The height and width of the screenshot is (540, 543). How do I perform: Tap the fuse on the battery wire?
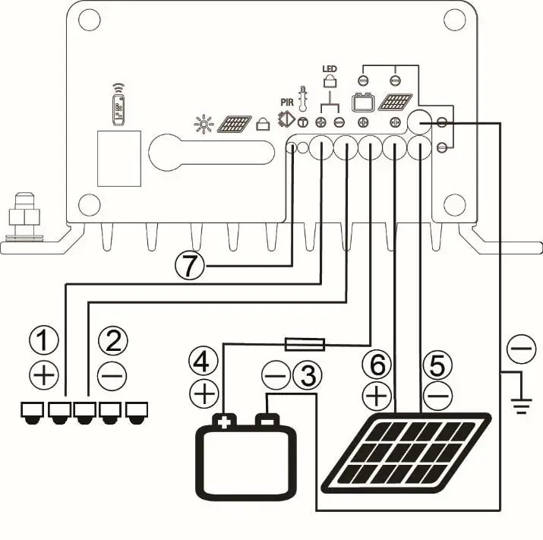(305, 345)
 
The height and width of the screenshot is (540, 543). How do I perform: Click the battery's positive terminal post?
(224, 420)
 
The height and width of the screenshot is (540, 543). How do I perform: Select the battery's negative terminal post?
(266, 419)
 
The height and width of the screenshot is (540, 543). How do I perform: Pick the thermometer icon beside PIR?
(302, 99)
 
